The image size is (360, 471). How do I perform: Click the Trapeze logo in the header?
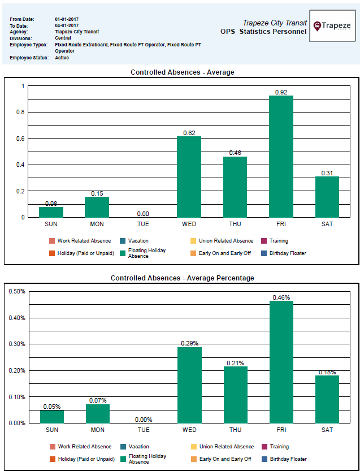click(332, 26)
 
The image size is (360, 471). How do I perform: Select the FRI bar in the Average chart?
click(281, 157)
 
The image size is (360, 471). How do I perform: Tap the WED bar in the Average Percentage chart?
click(189, 385)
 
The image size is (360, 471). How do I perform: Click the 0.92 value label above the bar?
click(281, 92)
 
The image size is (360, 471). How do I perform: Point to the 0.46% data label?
click(281, 297)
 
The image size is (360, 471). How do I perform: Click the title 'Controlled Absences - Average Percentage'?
click(182, 278)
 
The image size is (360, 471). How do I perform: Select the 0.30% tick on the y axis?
click(16, 344)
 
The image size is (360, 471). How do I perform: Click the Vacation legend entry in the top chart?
click(138, 241)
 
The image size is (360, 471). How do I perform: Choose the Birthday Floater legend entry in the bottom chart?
click(288, 459)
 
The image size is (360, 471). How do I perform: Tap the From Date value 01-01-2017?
click(67, 19)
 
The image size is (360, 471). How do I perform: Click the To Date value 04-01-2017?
click(67, 26)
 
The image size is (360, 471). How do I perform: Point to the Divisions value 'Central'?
click(63, 38)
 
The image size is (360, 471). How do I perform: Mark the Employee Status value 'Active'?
click(62, 58)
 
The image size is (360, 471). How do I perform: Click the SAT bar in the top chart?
click(327, 197)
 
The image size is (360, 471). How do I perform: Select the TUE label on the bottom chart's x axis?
click(144, 430)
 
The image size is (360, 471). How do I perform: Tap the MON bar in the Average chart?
click(97, 207)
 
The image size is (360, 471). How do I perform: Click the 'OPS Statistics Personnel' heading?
click(263, 32)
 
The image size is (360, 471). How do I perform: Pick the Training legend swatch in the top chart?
click(264, 241)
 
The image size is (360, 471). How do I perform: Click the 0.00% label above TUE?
click(144, 420)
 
